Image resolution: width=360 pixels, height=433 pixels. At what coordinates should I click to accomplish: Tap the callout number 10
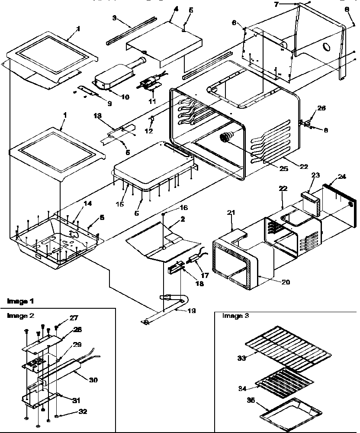click(125, 97)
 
